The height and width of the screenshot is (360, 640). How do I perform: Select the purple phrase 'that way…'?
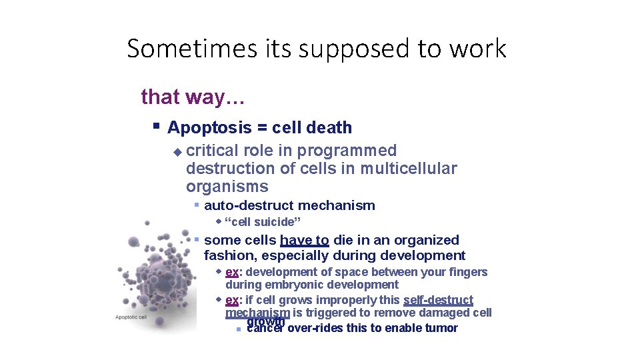coord(193,97)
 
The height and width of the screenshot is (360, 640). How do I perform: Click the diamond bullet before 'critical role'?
coord(177,152)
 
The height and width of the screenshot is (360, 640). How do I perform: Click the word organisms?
coord(227,187)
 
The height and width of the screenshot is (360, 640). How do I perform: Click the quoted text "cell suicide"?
coord(263,222)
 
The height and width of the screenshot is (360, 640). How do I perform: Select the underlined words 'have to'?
coord(304,240)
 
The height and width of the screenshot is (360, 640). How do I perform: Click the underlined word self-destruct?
coord(438,300)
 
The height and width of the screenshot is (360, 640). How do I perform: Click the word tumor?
coord(442,328)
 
